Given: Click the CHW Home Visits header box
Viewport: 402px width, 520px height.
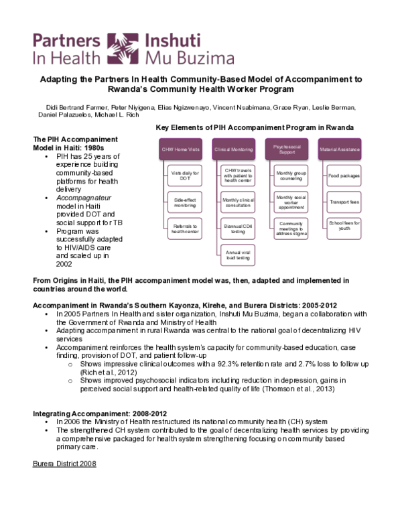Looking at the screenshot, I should pos(180,148).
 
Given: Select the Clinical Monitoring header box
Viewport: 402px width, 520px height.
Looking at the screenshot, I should pos(232,148).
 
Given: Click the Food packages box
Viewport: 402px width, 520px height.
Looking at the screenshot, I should pos(344,176).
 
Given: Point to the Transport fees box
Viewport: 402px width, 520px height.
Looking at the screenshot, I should pos(344,200).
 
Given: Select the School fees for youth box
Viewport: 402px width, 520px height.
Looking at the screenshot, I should pos(344,224).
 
